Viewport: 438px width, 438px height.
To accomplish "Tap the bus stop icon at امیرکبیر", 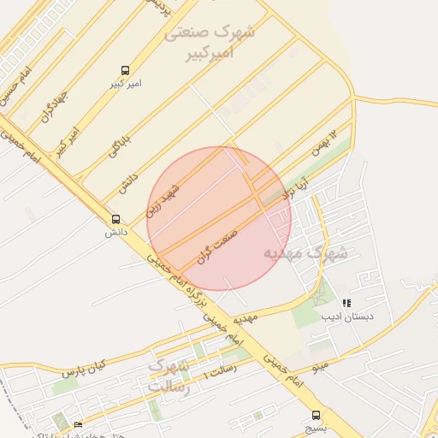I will pyautogui.click(x=126, y=70).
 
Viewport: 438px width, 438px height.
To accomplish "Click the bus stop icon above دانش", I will pyautogui.click(x=115, y=219).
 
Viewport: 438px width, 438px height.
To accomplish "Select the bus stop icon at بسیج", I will pyautogui.click(x=317, y=410).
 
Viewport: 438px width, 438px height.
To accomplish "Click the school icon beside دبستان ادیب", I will pyautogui.click(x=346, y=303).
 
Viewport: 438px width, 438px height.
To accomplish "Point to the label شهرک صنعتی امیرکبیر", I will pyautogui.click(x=210, y=43).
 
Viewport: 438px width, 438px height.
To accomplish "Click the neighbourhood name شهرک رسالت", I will pyautogui.click(x=168, y=376).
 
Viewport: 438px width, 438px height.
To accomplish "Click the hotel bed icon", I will pyautogui.click(x=79, y=424).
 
